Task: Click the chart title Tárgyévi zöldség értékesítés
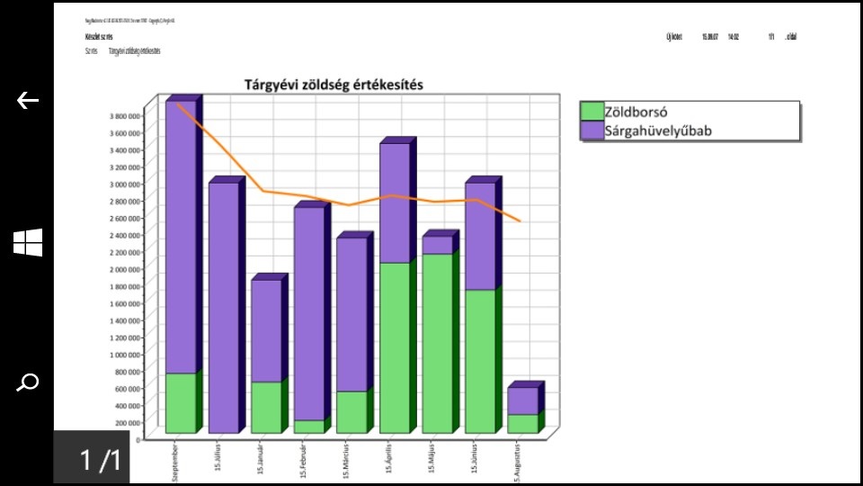pyautogui.click(x=334, y=85)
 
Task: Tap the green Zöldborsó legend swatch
pyautogui.click(x=592, y=112)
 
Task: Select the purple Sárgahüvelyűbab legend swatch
pyautogui.click(x=592, y=130)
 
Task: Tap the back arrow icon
pyautogui.click(x=28, y=101)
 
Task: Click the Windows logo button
pyautogui.click(x=28, y=242)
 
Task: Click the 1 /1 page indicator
pyautogui.click(x=99, y=460)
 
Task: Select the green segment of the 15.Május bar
pyautogui.click(x=438, y=342)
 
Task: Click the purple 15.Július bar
pyautogui.click(x=223, y=306)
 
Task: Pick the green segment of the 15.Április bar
pyautogui.click(x=395, y=346)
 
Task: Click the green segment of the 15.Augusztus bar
pyautogui.click(x=523, y=423)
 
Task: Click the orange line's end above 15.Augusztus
pyautogui.click(x=520, y=220)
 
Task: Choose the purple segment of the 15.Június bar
pyautogui.click(x=480, y=236)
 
